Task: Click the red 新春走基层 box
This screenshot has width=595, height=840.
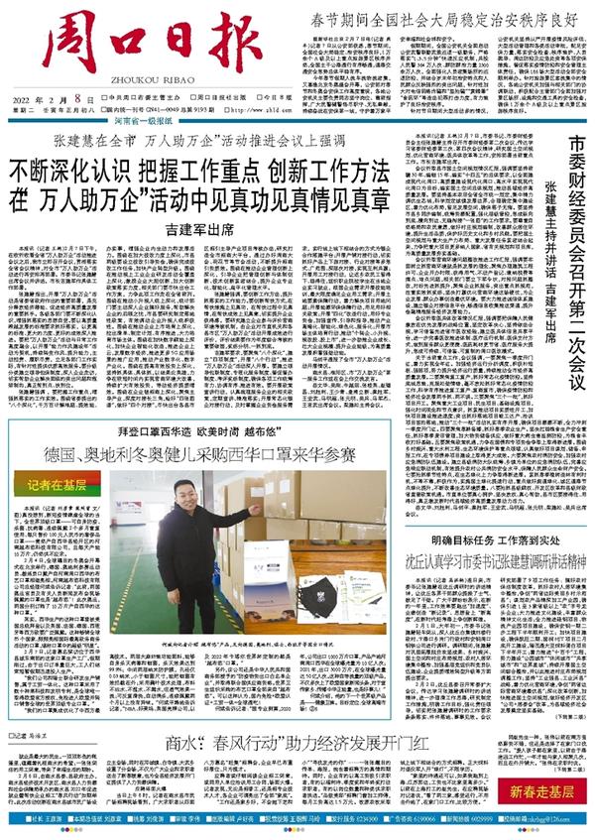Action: pos(549,791)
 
